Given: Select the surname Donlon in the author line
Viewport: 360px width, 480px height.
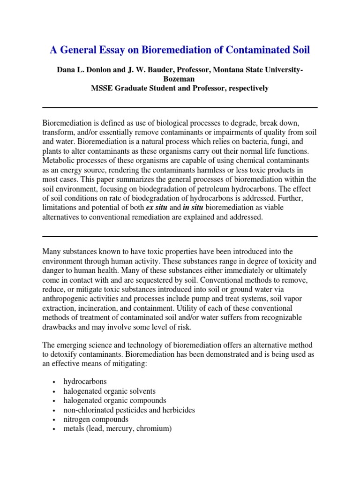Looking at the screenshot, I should [102, 70].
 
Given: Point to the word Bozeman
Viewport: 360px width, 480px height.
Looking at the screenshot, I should [179, 79].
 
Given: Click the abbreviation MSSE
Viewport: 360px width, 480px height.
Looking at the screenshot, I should [102, 88].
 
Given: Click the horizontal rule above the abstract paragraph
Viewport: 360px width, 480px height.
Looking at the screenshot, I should [180, 107].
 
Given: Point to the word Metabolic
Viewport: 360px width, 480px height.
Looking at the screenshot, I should [58, 161].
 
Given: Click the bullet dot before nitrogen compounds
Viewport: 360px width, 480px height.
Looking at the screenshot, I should [55, 420].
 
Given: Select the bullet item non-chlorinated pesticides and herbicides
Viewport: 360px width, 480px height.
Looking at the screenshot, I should [130, 410].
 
